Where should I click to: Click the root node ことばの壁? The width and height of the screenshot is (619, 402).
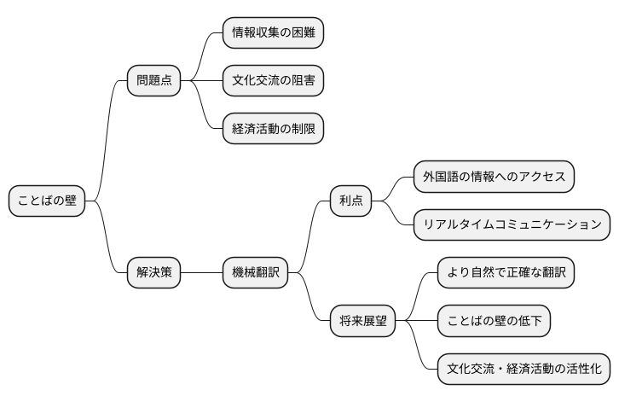[47, 201]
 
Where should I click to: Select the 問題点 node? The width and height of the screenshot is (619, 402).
[153, 81]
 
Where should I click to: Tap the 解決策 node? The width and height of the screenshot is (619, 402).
[153, 273]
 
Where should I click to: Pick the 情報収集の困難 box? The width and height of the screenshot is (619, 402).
[273, 33]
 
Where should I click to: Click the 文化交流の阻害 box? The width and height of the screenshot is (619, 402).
[273, 81]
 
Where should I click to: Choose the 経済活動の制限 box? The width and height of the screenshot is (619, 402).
[273, 130]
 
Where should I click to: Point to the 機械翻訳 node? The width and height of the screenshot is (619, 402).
[255, 273]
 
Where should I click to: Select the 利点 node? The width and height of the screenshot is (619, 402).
[350, 201]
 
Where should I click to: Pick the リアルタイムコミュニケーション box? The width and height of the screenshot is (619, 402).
[512, 224]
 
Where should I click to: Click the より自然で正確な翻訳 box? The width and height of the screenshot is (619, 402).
[506, 273]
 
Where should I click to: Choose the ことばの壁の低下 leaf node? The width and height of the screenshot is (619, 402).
[494, 321]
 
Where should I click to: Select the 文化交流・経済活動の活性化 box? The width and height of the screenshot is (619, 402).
[524, 370]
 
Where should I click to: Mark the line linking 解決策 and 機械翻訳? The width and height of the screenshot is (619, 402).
[201, 273]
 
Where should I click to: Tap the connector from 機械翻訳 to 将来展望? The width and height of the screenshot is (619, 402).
[309, 299]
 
